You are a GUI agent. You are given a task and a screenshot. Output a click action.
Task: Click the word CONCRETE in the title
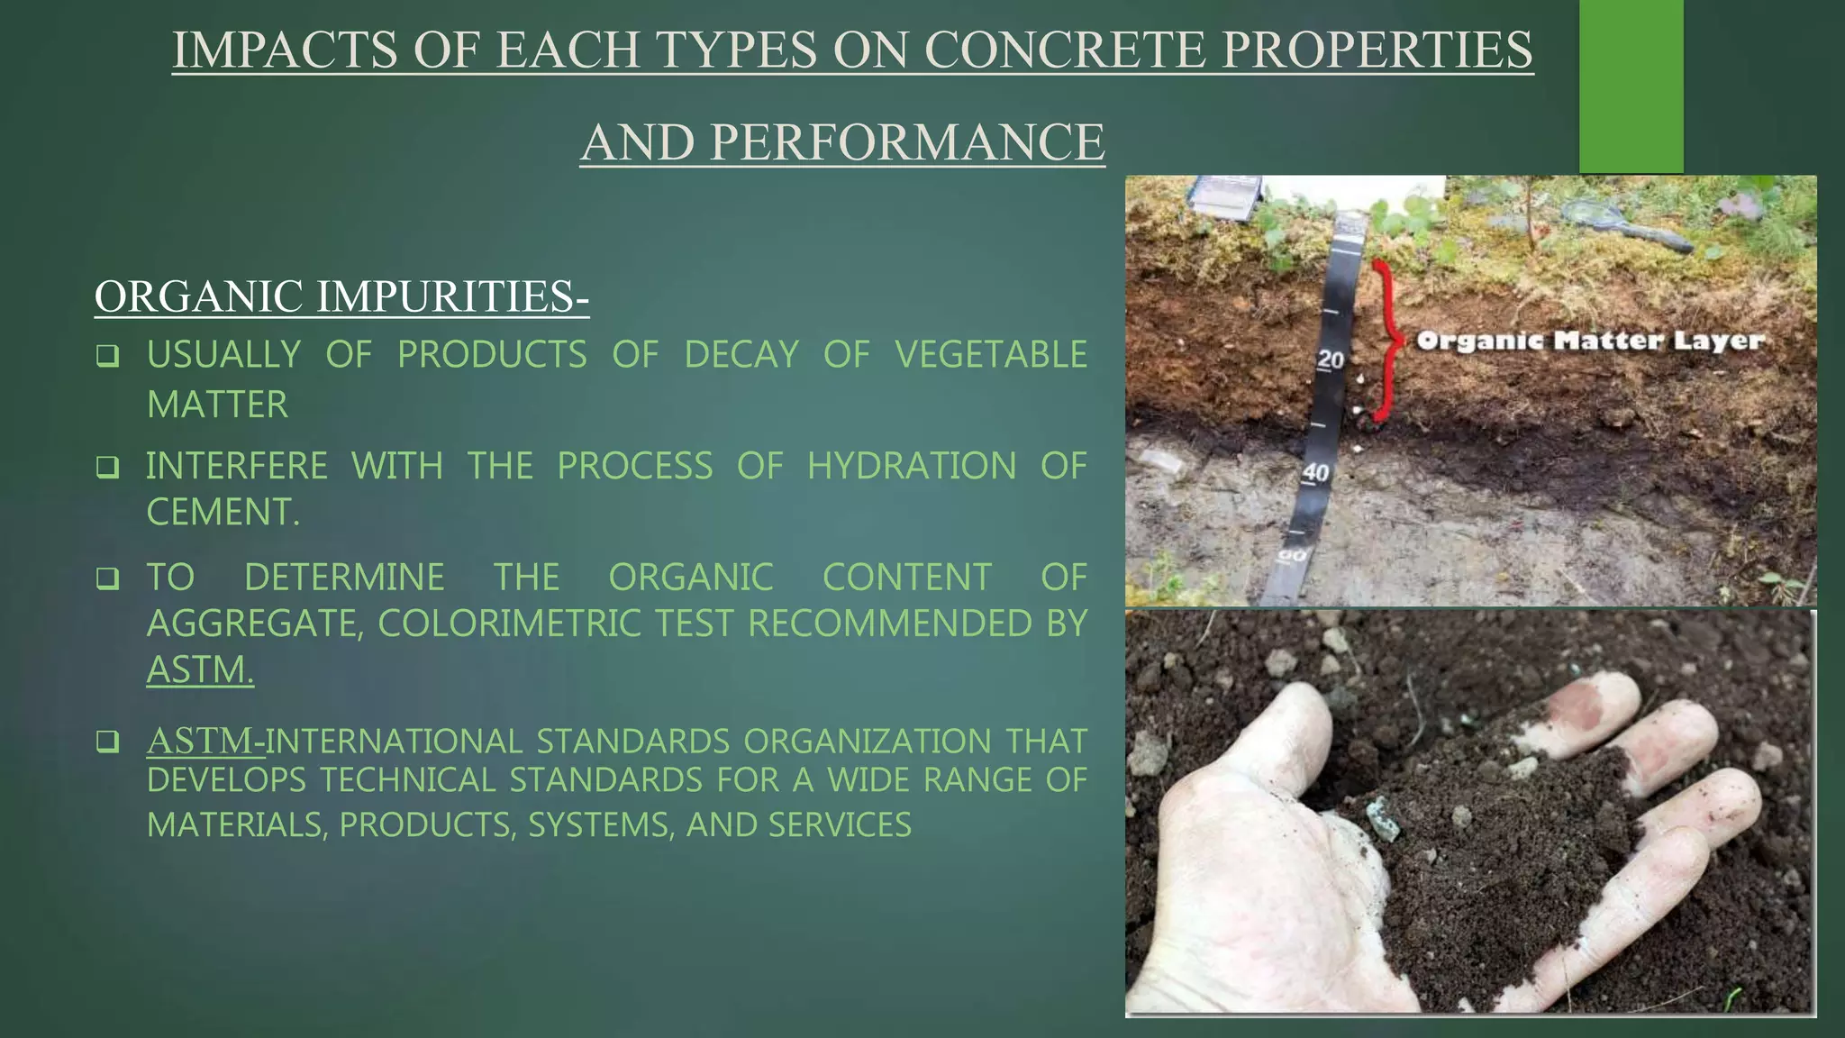1064,50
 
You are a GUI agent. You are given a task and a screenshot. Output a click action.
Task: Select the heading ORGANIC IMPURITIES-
341,296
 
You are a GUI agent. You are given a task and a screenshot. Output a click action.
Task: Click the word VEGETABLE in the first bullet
991,355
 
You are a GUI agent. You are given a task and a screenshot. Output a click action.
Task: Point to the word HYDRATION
911,467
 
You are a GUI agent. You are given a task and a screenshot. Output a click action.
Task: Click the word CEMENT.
223,513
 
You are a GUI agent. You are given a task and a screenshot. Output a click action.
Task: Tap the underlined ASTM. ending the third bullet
200,670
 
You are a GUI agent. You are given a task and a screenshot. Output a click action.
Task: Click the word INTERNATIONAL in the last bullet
394,742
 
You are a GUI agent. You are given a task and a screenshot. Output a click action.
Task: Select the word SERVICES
845,824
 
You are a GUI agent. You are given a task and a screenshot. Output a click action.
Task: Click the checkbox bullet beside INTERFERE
108,468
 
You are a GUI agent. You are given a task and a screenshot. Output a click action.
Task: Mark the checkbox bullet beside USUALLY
108,357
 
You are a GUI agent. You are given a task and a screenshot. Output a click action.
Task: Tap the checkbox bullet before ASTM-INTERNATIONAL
108,742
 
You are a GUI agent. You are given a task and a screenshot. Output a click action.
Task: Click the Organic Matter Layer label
1590,341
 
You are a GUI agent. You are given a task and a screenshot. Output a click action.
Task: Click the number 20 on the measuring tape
1331,360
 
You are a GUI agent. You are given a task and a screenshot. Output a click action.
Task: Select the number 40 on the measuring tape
1316,472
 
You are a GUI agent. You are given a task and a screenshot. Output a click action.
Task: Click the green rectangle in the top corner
1631,86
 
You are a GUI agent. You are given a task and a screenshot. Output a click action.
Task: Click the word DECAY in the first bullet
741,355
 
